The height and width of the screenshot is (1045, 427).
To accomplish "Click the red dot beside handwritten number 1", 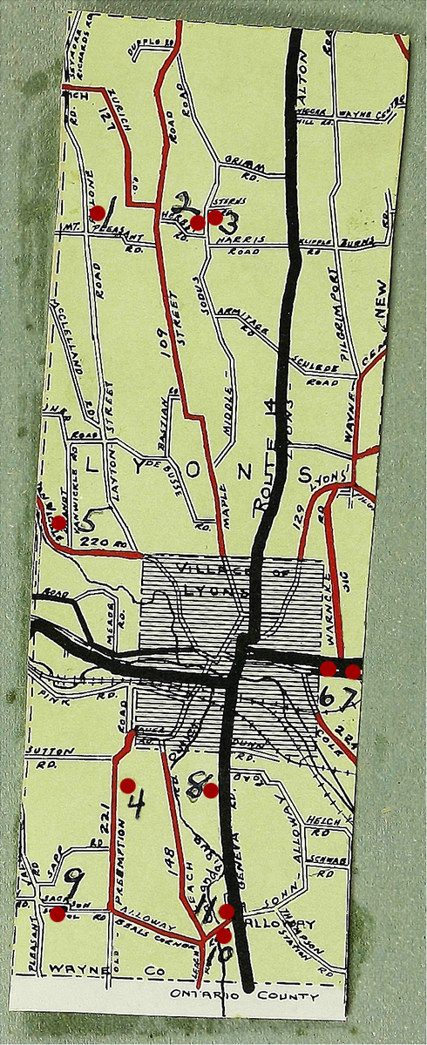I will [x=98, y=212].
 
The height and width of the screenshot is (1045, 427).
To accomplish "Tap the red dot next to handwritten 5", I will [x=58, y=522].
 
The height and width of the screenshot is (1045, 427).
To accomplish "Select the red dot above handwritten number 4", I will [x=128, y=784].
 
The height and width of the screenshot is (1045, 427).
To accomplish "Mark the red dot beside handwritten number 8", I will [x=210, y=790].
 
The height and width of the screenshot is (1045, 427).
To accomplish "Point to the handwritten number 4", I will [x=135, y=806].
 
